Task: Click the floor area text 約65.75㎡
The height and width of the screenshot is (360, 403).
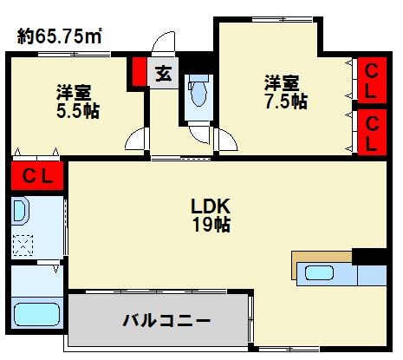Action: tap(61, 36)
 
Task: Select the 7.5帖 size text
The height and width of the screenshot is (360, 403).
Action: tap(285, 101)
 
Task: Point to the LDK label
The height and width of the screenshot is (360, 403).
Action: tap(211, 208)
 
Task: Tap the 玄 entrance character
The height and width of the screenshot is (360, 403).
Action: tap(162, 74)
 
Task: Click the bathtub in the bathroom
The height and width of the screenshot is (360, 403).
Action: tap(36, 313)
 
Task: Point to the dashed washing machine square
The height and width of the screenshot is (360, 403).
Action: tap(23, 245)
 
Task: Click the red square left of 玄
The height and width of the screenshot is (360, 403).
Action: tap(139, 72)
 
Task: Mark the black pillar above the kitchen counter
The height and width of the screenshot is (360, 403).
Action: tap(368, 256)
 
